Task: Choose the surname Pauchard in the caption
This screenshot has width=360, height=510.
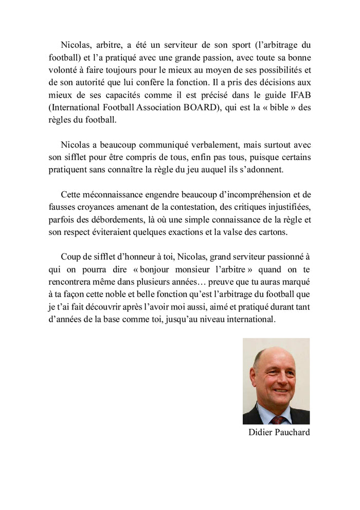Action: click(x=292, y=432)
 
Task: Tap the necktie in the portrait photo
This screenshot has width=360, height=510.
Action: click(x=278, y=420)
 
